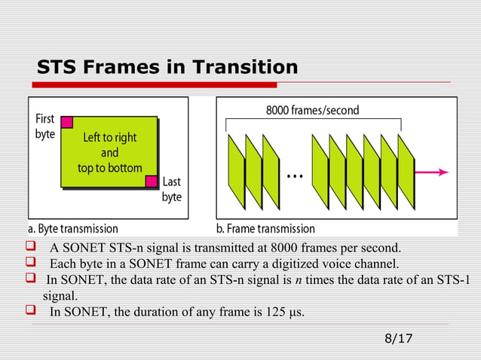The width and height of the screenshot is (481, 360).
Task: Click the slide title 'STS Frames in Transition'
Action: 167,68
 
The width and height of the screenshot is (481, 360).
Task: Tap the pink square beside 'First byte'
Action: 66,122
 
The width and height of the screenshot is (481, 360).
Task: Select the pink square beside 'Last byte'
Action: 152,181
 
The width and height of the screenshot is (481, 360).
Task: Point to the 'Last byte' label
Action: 172,190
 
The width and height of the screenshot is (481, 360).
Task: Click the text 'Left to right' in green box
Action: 109,139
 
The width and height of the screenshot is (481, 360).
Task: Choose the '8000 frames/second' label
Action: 312,111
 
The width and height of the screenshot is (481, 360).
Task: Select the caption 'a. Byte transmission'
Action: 73,228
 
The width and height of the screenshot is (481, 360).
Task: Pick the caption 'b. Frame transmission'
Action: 266,228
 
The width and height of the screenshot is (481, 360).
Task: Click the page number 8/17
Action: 398,338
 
